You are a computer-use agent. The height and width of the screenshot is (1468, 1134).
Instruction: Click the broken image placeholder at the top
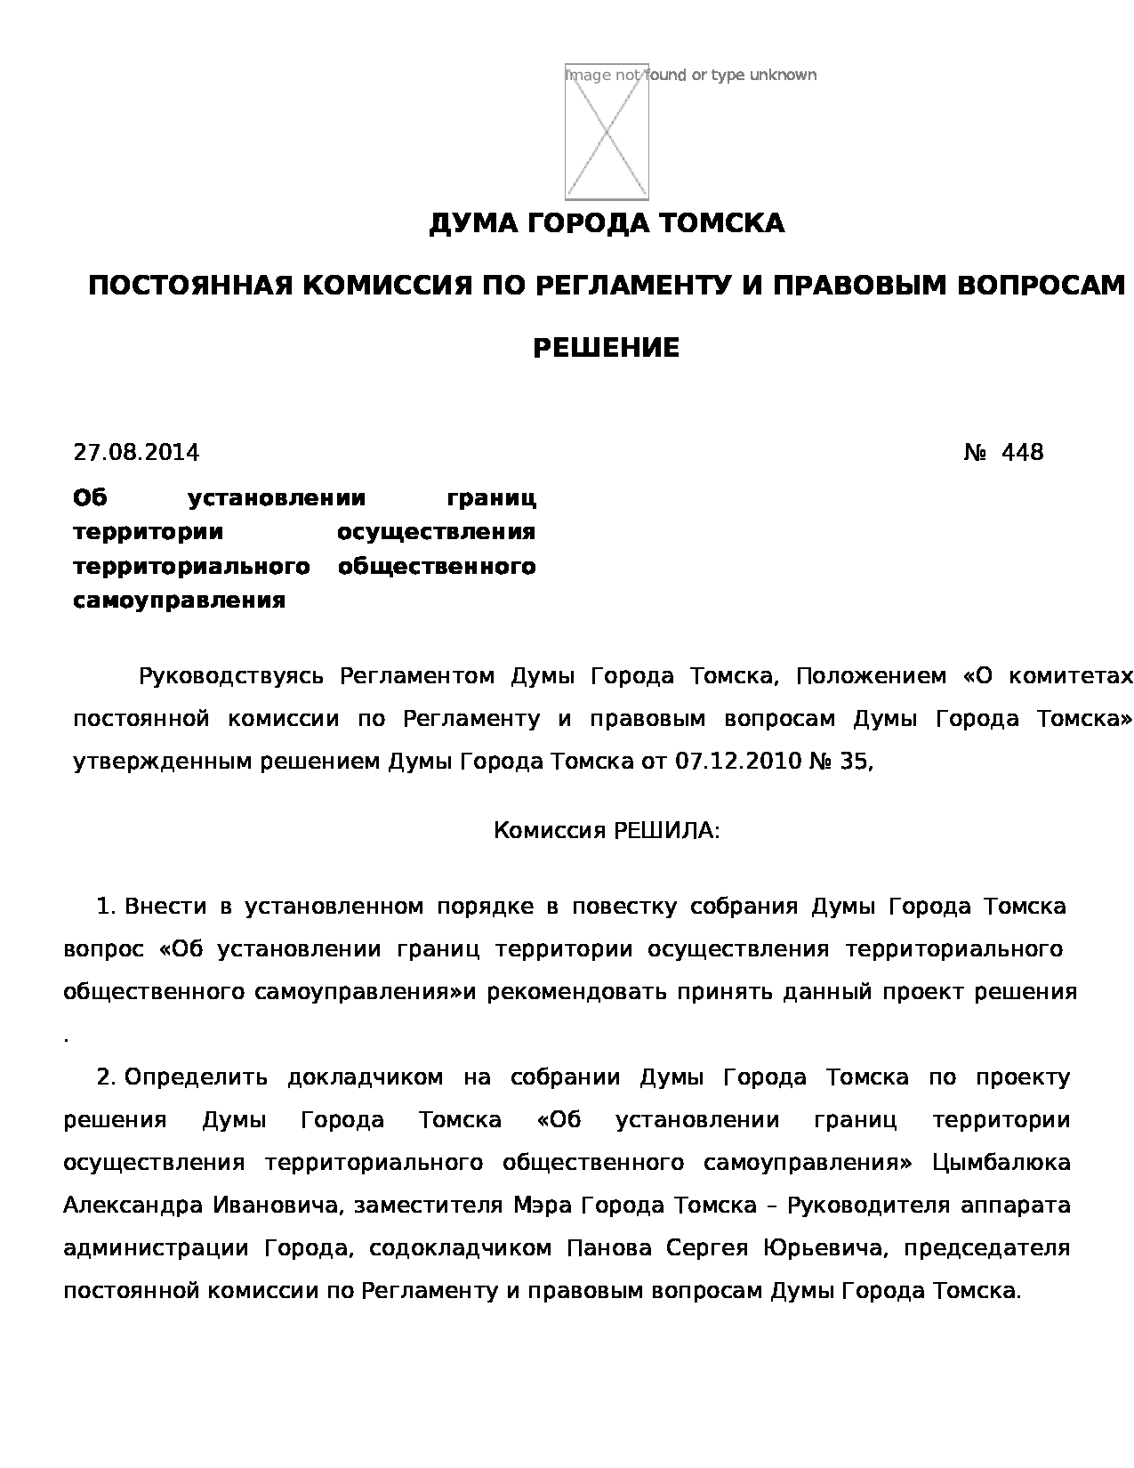607,132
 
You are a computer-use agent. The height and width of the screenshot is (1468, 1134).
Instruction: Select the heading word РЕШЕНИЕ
606,348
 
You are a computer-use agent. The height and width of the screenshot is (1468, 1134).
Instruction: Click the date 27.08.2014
136,452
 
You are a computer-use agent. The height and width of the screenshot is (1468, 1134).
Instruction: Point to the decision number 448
1022,452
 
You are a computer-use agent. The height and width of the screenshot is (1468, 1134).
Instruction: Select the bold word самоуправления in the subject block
179,601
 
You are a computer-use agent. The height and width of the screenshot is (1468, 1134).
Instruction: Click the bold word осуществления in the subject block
436,532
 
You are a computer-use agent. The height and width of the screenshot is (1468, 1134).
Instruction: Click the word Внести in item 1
165,907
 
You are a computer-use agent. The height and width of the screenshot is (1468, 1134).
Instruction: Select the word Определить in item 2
196,1077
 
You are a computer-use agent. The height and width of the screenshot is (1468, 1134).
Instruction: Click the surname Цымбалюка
1001,1163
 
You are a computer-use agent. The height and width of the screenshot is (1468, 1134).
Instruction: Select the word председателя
986,1248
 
